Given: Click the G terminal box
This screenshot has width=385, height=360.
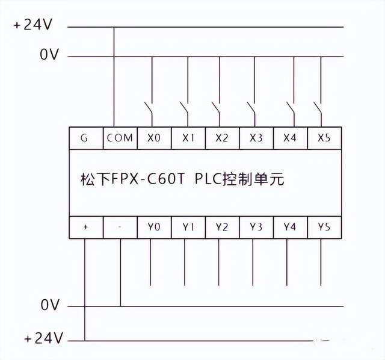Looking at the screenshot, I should pyautogui.click(x=84, y=138).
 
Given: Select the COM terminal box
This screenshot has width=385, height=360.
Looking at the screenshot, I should pyautogui.click(x=120, y=138).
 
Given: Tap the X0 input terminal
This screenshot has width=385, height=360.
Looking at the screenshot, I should pyautogui.click(x=154, y=138).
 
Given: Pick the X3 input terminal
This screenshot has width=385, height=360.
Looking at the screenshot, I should pyautogui.click(x=256, y=138).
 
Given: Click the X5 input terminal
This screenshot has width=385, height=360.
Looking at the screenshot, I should pyautogui.click(x=324, y=138).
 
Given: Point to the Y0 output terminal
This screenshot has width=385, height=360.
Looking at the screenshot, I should pyautogui.click(x=154, y=227).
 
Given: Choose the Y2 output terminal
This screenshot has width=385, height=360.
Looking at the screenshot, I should pyautogui.click(x=222, y=227).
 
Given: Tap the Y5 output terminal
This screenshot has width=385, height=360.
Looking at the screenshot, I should pyautogui.click(x=324, y=227).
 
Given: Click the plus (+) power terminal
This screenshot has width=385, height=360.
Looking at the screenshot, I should pyautogui.click(x=85, y=227).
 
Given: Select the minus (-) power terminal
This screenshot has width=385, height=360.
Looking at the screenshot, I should pyautogui.click(x=120, y=227).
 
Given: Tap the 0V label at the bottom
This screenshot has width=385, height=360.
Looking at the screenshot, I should pyautogui.click(x=49, y=306).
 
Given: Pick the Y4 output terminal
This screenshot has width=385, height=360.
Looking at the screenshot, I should pyautogui.click(x=290, y=227).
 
